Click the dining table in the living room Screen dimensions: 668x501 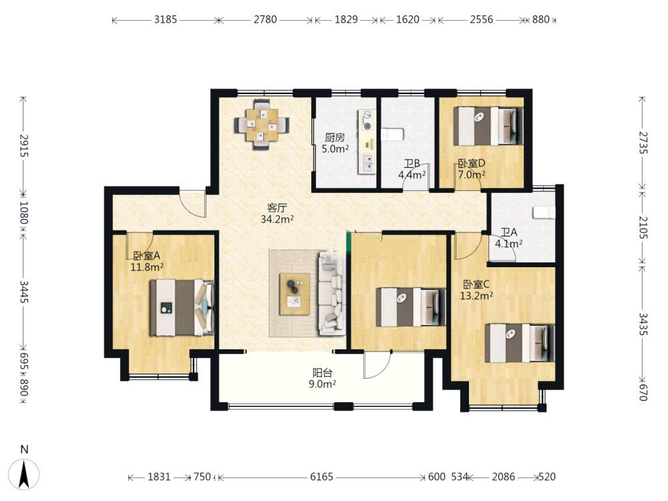coord(262,125)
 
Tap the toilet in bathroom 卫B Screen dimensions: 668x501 coord(392,135)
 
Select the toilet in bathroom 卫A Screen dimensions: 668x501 coord(544,212)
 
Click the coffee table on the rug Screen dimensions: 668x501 coord(295,294)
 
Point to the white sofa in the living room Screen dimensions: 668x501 coord(331,293)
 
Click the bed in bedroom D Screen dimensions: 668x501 coord(488,126)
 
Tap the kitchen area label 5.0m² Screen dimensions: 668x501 coord(335,149)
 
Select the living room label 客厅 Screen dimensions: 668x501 coord(277,208)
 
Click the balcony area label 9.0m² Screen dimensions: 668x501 coord(322,384)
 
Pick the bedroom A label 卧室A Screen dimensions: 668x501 coord(146,256)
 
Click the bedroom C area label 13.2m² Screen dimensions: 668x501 coord(477,295)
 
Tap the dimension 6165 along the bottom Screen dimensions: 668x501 coord(322,477)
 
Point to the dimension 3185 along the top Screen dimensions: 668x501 coord(165,19)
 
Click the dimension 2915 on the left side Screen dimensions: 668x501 coord(24,146)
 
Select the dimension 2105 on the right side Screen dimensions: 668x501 coord(643,228)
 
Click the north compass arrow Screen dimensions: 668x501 coord(25,474)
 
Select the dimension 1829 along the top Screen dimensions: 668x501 coord(346,19)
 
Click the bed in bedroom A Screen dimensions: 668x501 coord(182,307)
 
